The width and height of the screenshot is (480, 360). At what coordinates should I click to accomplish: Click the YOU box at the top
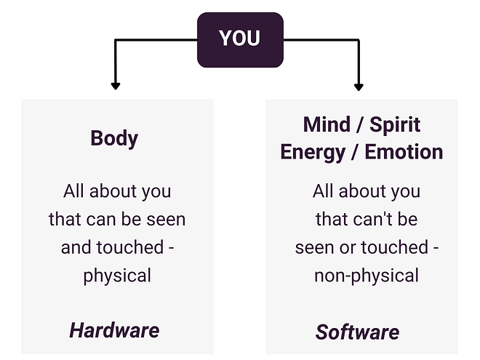[239, 39]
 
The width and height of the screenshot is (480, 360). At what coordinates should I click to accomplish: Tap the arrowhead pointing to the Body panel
[115, 86]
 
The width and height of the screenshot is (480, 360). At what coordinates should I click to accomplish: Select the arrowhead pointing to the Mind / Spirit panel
[358, 86]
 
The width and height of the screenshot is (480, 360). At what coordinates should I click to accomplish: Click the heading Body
[114, 138]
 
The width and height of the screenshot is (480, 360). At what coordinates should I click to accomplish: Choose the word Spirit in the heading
[395, 124]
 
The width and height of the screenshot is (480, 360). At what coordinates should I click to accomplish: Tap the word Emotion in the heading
[404, 152]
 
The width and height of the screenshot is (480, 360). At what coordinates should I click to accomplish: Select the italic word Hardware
[114, 330]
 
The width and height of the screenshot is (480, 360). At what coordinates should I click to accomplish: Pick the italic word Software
[357, 332]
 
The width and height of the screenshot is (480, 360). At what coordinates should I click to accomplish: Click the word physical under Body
[117, 276]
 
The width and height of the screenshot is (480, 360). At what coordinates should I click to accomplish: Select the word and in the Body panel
[76, 247]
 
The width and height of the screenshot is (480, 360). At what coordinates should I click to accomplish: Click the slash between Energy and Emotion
[356, 152]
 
